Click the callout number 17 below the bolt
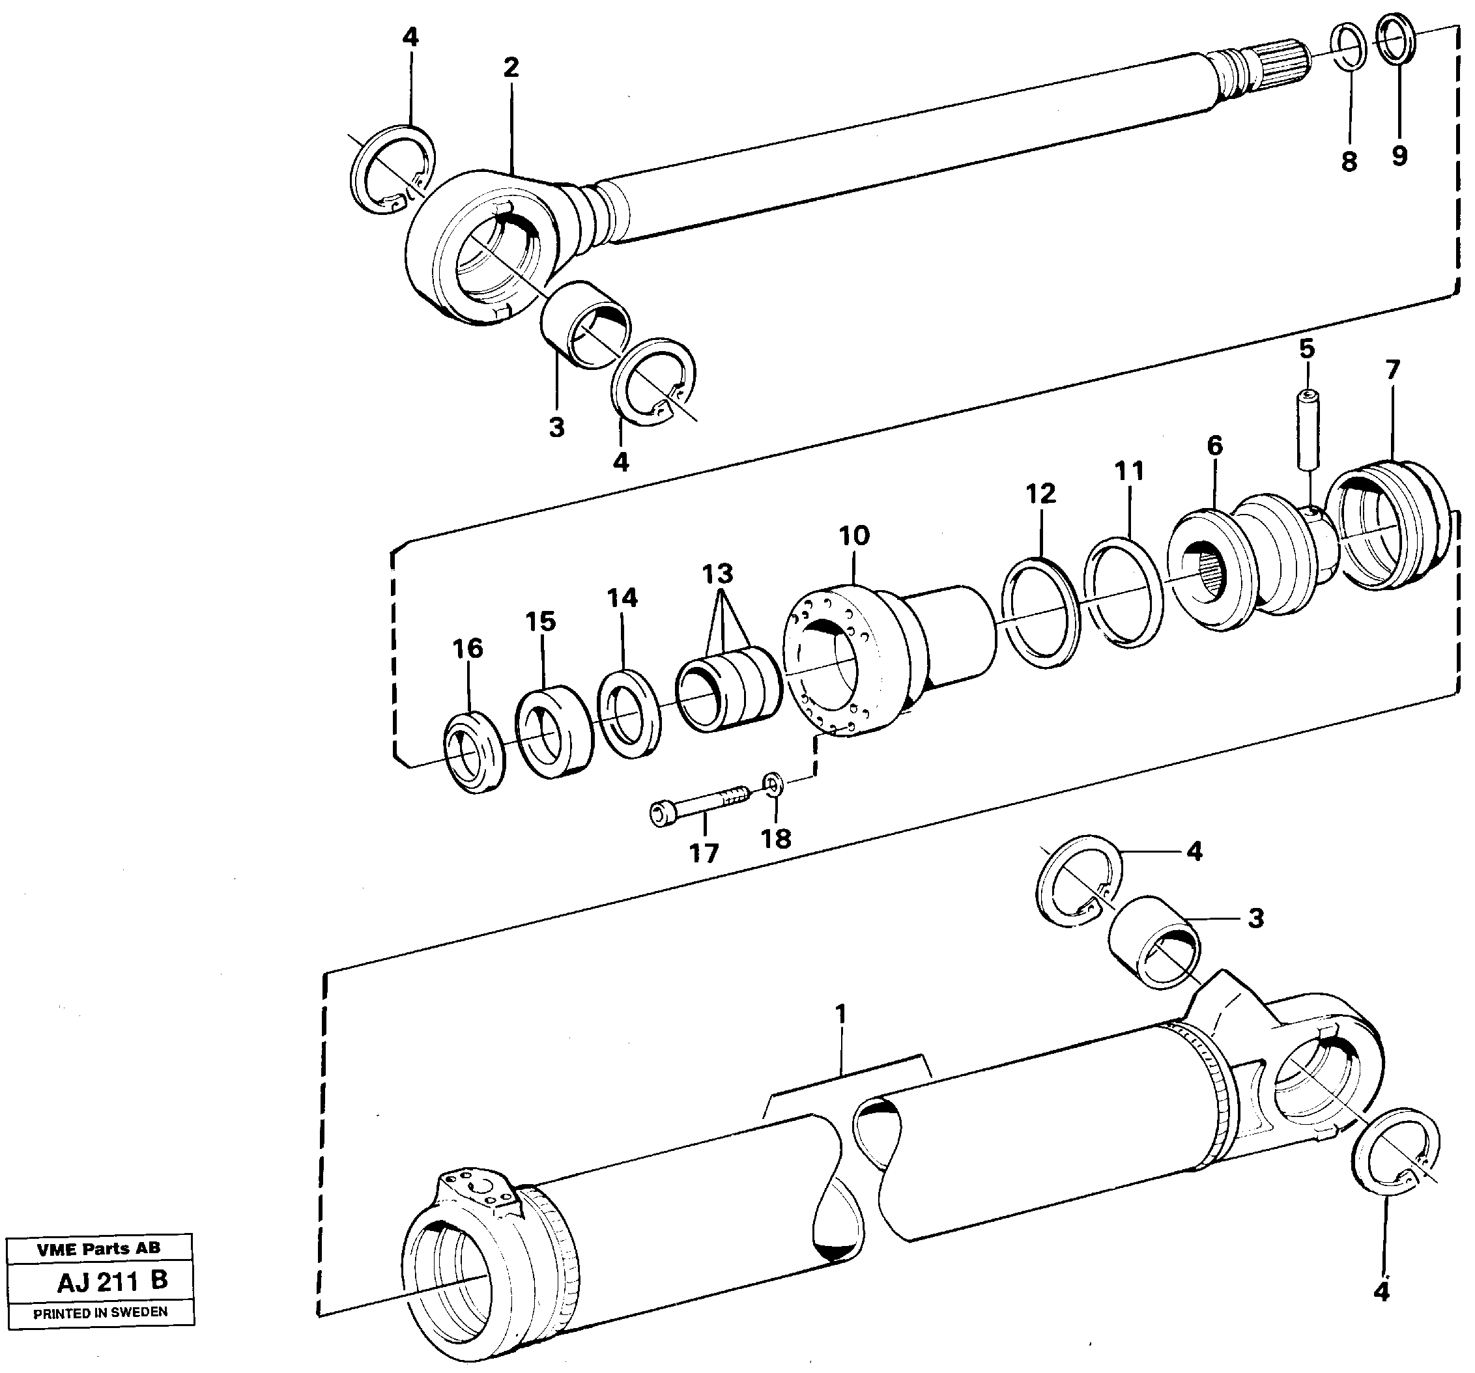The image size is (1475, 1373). [704, 854]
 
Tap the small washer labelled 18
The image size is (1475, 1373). [773, 784]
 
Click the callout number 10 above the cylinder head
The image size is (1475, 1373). [854, 535]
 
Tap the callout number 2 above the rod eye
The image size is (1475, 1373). [511, 68]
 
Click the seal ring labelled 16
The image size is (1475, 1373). [474, 752]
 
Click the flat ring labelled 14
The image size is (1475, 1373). [629, 714]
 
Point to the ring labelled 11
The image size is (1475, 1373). [1123, 593]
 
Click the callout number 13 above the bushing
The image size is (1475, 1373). [717, 574]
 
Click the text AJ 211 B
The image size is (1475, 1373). [112, 1281]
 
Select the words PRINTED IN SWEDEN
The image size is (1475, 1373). [100, 1313]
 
